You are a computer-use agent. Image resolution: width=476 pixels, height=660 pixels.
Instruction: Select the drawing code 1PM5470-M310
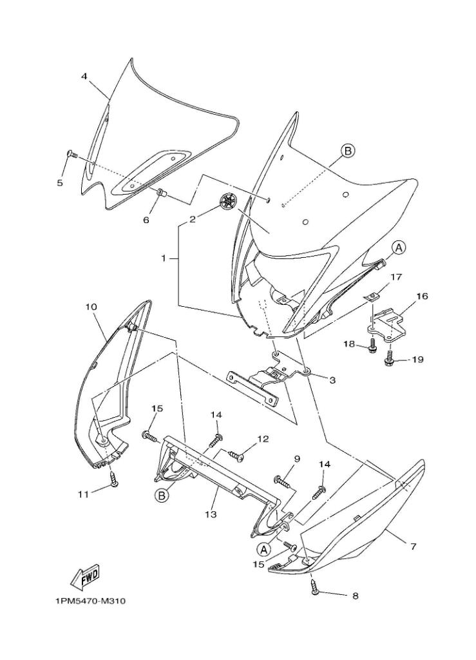coord(90,601)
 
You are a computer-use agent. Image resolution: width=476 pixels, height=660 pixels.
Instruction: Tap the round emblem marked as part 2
coord(229,201)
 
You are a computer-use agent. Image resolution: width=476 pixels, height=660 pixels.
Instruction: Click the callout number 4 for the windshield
coord(84,76)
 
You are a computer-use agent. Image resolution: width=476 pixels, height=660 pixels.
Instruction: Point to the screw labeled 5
coord(71,154)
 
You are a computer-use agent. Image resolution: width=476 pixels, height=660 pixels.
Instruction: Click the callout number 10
coord(91,307)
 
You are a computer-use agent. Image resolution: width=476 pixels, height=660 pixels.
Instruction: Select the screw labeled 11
coord(113,479)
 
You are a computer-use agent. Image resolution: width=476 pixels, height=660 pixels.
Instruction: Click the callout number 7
coord(413,547)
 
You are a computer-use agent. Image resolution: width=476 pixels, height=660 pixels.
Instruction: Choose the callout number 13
coord(211,514)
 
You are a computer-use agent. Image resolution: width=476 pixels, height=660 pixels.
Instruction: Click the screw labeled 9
coord(283,480)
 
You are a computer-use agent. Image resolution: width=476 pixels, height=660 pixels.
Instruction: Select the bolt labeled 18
coord(372,347)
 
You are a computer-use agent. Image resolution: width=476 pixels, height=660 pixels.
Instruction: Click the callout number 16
coord(421,296)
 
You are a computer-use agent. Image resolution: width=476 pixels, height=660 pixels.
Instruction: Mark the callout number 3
coord(332,380)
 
